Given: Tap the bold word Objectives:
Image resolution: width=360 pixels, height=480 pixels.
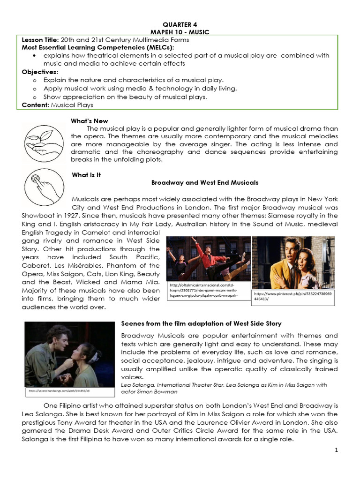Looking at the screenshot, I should point(40,72).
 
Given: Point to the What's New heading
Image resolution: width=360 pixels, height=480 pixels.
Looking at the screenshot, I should point(89,121).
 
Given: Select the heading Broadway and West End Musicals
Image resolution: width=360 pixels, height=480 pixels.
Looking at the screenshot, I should point(205,182).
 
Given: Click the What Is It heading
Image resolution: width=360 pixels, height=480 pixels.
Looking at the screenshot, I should point(87,175).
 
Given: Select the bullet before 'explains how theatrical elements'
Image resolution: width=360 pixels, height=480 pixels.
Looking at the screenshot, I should point(35,55).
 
